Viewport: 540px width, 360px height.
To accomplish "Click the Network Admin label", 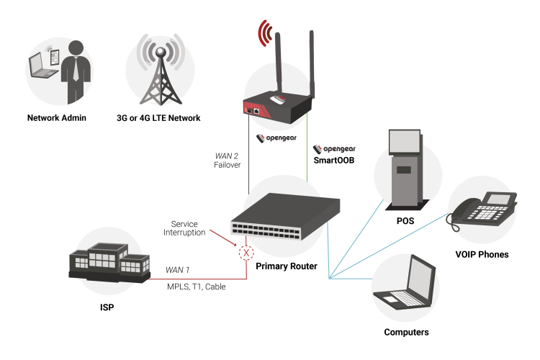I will click(x=57, y=117).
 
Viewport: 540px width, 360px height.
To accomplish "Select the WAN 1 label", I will click(x=177, y=270).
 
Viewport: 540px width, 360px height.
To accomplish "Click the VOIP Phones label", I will click(x=482, y=254).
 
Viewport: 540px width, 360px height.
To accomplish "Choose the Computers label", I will click(x=407, y=332).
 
